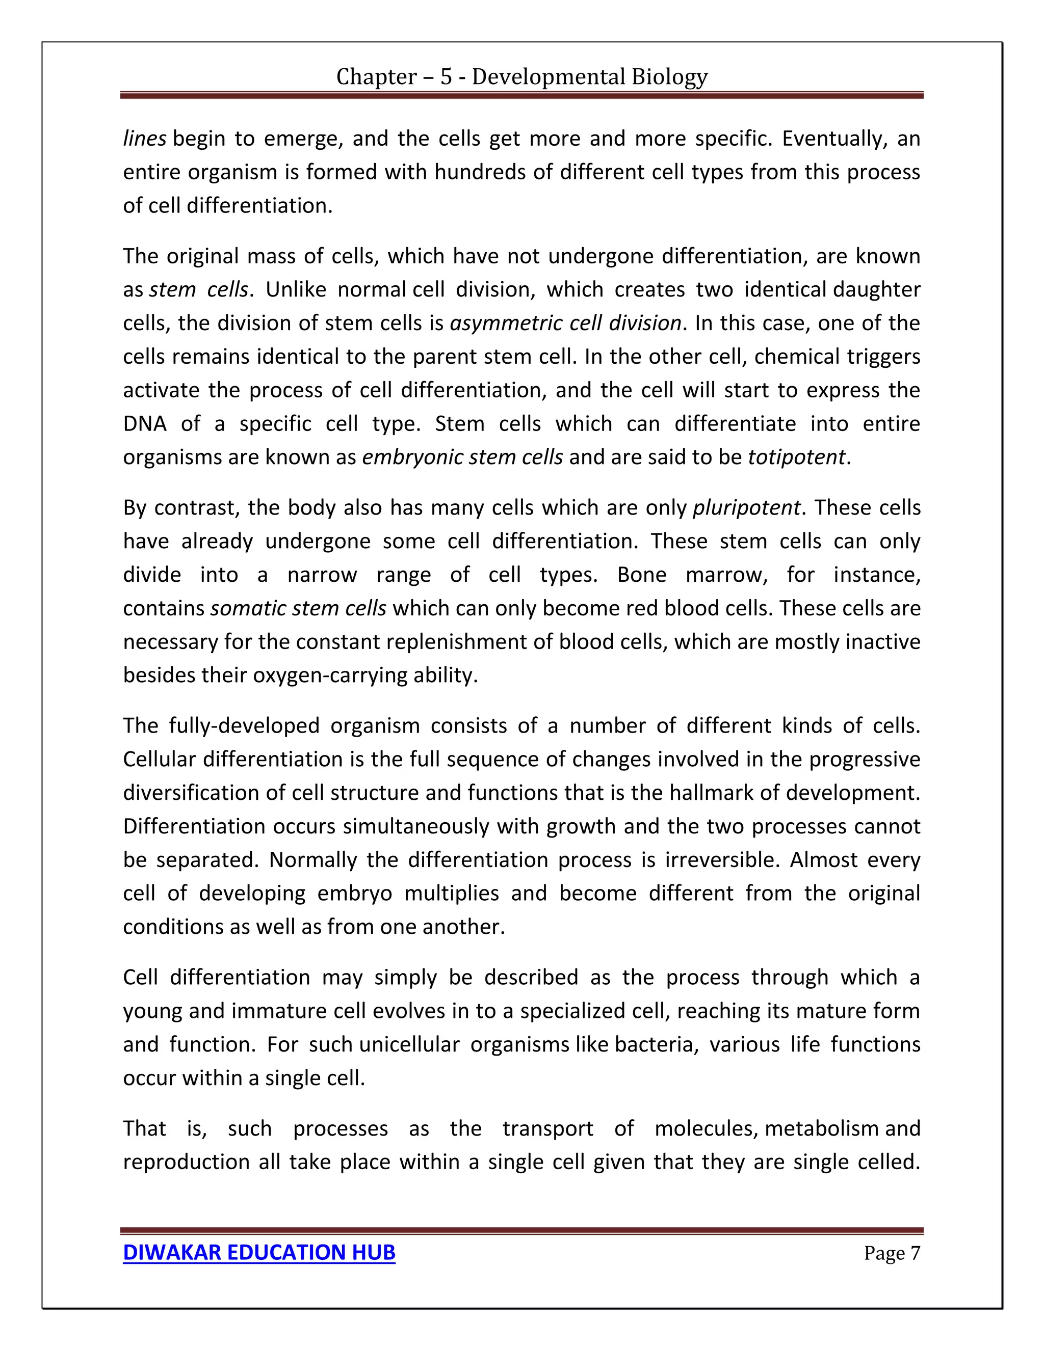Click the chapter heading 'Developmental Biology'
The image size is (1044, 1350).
click(521, 76)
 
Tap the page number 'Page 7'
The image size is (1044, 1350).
click(892, 1253)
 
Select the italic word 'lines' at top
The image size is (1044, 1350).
click(144, 139)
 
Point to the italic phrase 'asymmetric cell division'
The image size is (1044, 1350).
click(565, 322)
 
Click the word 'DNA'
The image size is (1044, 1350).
click(145, 423)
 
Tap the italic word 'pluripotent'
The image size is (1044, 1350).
click(746, 507)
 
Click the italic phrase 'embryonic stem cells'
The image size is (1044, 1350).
click(462, 457)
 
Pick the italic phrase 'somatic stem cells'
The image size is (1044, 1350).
click(298, 608)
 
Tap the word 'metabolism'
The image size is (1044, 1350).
click(821, 1128)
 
